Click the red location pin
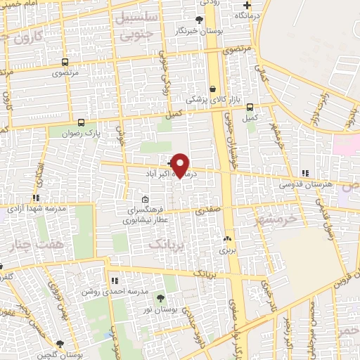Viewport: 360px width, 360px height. pos(180,165)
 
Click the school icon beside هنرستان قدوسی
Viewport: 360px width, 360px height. pos(304,172)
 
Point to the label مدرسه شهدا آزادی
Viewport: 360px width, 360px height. pos(37,208)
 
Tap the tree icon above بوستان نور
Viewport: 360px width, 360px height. pos(160,298)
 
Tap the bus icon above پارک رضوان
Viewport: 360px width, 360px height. pos(82,121)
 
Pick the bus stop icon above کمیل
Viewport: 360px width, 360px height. pos(250,107)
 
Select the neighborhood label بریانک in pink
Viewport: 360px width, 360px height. pos(169,244)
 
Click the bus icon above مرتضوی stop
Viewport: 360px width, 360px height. pos(65,61)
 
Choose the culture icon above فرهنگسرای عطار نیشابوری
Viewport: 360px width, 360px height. pos(145,199)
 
